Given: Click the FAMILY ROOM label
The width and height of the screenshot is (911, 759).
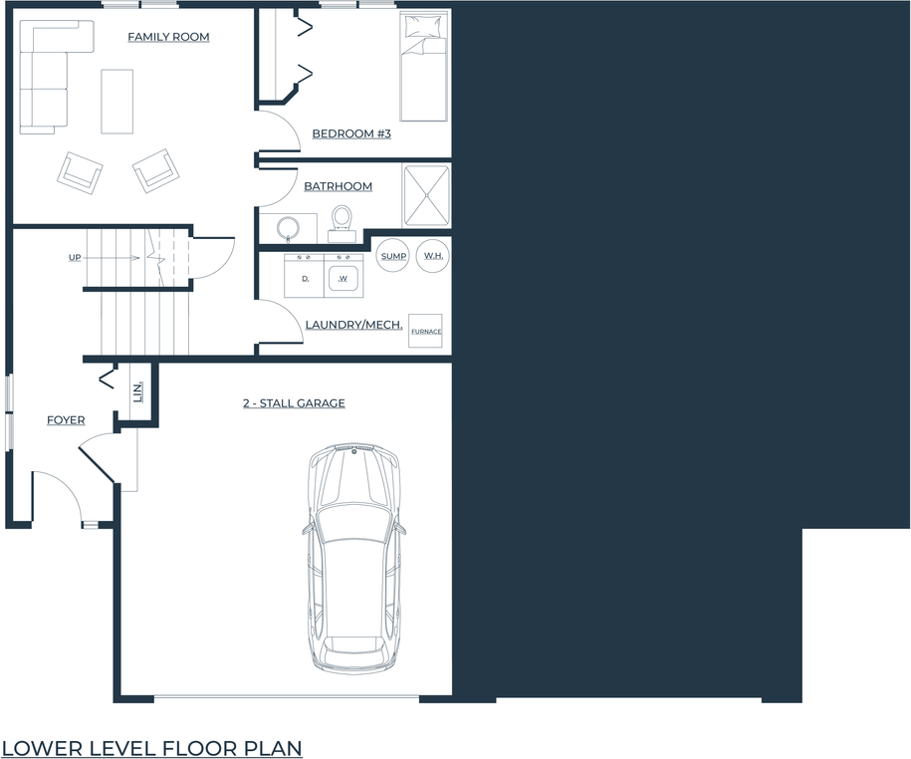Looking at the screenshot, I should [x=168, y=38].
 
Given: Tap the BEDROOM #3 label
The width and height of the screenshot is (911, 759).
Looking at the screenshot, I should [x=350, y=133].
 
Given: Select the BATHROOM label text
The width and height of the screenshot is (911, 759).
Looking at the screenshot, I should [x=338, y=186].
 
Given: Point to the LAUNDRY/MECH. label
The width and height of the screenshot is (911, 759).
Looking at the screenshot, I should [x=353, y=325].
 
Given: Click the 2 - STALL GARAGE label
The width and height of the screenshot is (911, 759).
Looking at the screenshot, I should [x=294, y=403].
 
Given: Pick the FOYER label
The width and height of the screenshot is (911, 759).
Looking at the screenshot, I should [x=66, y=420].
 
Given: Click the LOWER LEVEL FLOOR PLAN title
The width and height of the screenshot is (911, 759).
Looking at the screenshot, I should [x=151, y=747].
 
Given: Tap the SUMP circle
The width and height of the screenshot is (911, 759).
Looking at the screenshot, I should [x=393, y=256].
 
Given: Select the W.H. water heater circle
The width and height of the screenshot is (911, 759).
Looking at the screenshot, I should [x=433, y=256].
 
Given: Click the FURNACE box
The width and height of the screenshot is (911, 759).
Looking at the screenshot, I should [x=426, y=331].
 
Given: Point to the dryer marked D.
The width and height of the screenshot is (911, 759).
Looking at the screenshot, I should [x=305, y=276].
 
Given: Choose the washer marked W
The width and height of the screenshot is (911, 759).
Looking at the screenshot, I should [x=343, y=276].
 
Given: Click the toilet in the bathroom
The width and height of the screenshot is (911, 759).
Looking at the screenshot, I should [x=342, y=222].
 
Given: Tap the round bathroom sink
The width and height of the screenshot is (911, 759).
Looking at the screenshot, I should [x=289, y=227].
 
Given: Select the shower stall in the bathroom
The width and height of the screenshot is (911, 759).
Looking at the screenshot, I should [x=426, y=195].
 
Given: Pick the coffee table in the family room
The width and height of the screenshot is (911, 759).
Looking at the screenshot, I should [x=117, y=101].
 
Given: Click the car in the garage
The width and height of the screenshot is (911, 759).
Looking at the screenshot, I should [x=354, y=558].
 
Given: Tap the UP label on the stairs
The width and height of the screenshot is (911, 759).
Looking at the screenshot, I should [x=75, y=258].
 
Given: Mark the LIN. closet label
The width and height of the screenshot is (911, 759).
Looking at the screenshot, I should [x=137, y=391].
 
